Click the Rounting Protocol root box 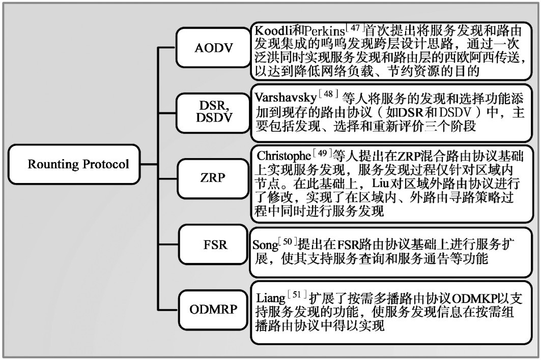(x=74, y=164)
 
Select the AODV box (x=213, y=48)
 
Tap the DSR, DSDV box (x=213, y=113)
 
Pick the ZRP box (x=213, y=178)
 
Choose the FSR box (x=213, y=245)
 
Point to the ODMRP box (x=213, y=309)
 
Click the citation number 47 (x=355, y=27)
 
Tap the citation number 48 (x=328, y=94)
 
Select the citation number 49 (x=322, y=153)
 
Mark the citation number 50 (x=288, y=241)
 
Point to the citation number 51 (x=297, y=294)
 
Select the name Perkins (x=324, y=31)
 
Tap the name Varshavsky (x=286, y=98)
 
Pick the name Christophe (x=284, y=156)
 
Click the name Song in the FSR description (x=265, y=245)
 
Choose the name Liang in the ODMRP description (x=271, y=298)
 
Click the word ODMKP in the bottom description (x=474, y=298)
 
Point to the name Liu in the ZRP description (x=381, y=183)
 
